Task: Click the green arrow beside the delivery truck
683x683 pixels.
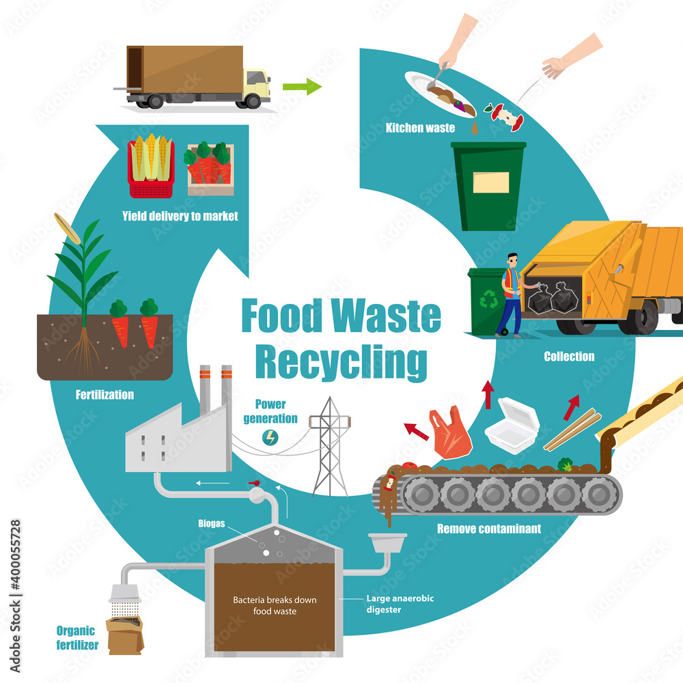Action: pos(303,86)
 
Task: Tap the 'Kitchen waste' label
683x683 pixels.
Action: pos(420,128)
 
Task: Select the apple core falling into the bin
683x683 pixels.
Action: pos(505,116)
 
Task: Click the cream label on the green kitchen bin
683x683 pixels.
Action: pos(491,182)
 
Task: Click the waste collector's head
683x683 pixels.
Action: pos(513,260)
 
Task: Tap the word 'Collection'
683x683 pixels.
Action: pos(569,357)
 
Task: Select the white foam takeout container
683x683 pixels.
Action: pos(512,425)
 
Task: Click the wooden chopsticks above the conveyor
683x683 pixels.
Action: pos(572,430)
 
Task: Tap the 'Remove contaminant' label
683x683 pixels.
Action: pos(489,529)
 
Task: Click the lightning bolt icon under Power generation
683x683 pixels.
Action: pos(270,437)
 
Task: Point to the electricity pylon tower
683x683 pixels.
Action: pos(330,447)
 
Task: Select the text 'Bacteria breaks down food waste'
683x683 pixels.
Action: pos(275,605)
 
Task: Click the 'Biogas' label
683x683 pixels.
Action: pos(211,523)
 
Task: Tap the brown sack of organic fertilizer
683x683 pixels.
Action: pos(124,635)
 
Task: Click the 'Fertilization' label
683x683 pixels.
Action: pos(104,395)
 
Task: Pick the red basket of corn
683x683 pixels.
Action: pos(151,166)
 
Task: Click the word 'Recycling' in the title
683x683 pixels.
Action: pos(341,362)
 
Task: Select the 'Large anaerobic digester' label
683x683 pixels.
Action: pos(400,604)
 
